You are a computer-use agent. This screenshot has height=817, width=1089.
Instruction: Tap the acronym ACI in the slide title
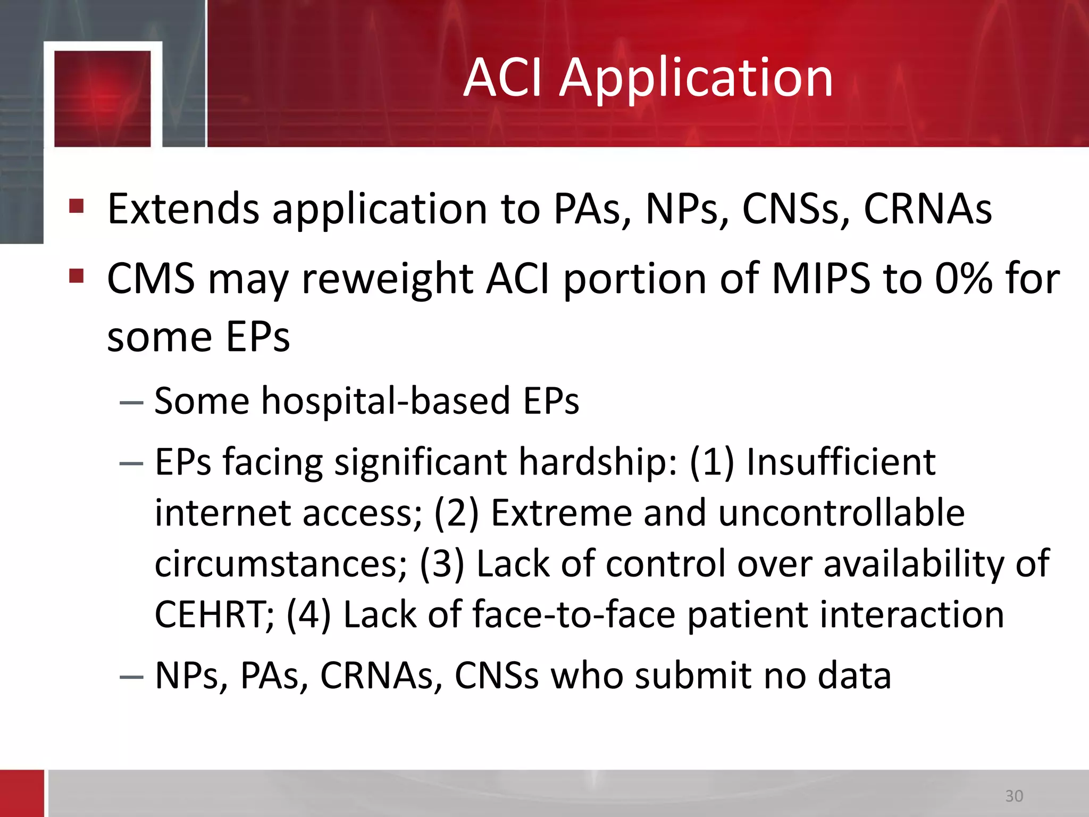(x=502, y=78)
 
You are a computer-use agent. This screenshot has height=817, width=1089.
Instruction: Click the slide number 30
(x=1014, y=796)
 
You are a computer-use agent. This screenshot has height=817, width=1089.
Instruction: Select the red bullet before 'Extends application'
(x=77, y=206)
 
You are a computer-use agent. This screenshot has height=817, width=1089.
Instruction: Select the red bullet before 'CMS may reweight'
(x=77, y=276)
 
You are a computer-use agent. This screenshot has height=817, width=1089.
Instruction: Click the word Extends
(x=183, y=209)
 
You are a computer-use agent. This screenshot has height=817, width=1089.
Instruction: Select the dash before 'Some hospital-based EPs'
(x=131, y=403)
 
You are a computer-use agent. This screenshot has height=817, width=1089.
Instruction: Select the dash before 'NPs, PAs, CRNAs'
(x=131, y=677)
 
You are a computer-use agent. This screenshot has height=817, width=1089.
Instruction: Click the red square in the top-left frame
(x=103, y=98)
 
